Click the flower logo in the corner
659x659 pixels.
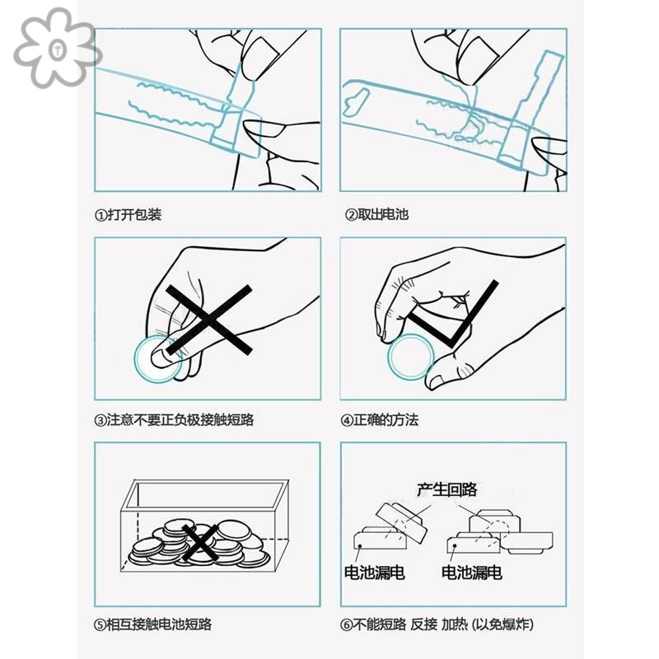[56, 48]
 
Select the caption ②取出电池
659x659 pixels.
[376, 215]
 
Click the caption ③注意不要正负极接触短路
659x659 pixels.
[174, 420]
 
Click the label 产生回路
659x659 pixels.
[447, 490]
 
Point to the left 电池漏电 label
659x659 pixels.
[374, 573]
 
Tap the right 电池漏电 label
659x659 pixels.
[472, 573]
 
